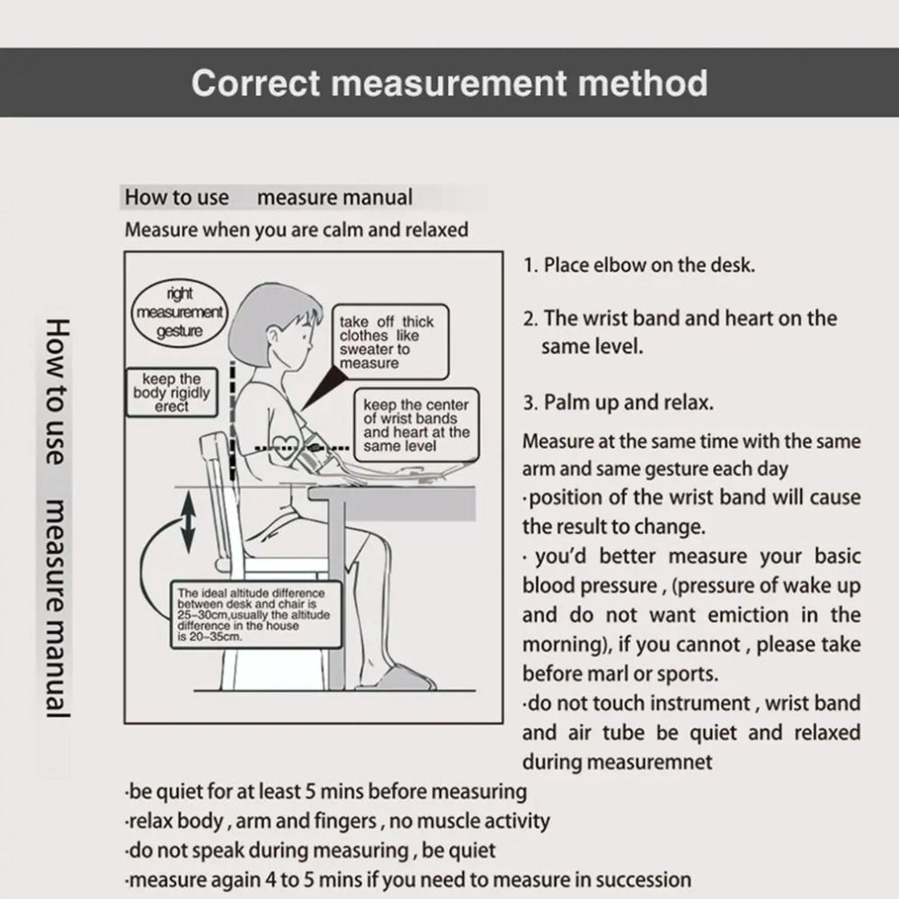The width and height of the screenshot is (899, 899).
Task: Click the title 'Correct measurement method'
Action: [x=449, y=83]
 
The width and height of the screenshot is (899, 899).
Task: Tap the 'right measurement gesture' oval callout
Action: [x=180, y=312]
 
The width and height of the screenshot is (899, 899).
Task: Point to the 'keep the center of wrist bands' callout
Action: [x=415, y=425]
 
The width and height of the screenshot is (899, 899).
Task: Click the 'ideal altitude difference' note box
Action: [x=254, y=615]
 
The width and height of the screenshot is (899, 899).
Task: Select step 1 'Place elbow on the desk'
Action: [x=639, y=265]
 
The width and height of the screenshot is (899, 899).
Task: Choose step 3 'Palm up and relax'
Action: [x=619, y=402]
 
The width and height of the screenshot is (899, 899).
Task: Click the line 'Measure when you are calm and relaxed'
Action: [x=296, y=229]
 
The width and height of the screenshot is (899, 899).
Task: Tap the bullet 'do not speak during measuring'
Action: [x=310, y=850]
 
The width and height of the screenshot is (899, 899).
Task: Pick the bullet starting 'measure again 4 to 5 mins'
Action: [x=408, y=878]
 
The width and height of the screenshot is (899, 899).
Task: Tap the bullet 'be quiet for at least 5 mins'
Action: [x=325, y=792]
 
